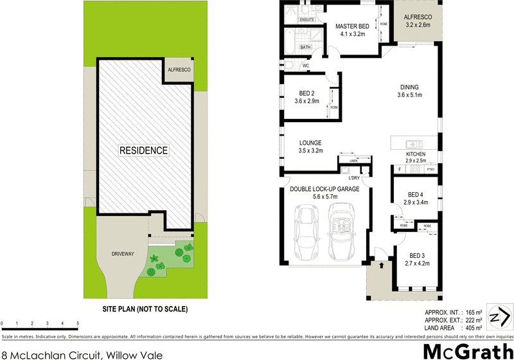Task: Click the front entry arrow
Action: (x=381, y=264)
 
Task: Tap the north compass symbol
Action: (x=499, y=317)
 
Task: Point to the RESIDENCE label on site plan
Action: (x=144, y=150)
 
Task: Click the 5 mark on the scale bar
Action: (x=78, y=323)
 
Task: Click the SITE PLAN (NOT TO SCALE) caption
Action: (x=145, y=309)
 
